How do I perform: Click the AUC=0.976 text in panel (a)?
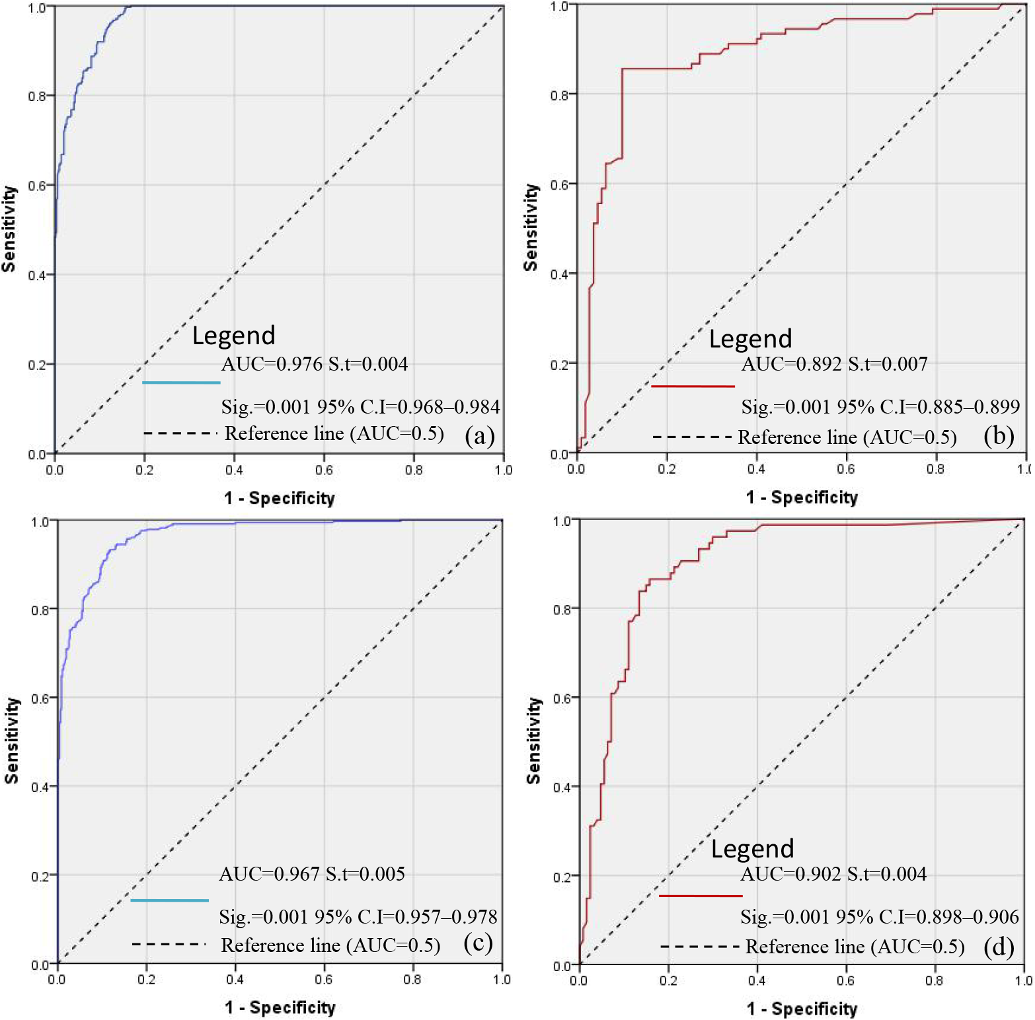272,364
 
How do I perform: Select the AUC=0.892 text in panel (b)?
792,364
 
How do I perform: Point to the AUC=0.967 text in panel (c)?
270,874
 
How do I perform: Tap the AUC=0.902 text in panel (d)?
790,874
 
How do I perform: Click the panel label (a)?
480,435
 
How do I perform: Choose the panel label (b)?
999,436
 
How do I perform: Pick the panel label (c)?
479,943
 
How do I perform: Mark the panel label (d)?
999,947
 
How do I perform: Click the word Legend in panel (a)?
234,336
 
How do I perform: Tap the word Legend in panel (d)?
752,849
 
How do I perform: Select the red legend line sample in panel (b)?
693,386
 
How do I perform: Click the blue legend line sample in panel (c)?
169,900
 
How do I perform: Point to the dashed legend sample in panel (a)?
180,433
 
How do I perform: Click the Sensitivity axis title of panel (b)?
531,227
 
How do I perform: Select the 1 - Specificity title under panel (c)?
280,1007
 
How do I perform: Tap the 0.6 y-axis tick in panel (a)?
37,186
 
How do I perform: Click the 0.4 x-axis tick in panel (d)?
757,980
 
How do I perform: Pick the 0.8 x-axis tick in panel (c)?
412,979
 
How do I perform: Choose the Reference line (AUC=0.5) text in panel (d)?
855,947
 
